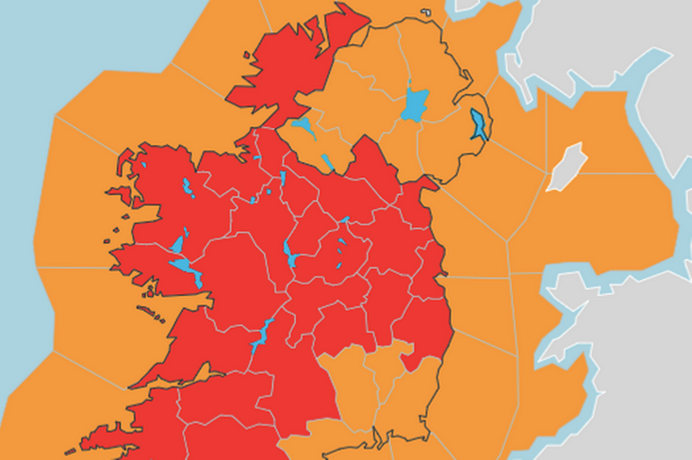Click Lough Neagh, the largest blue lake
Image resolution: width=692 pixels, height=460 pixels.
[x=414, y=103]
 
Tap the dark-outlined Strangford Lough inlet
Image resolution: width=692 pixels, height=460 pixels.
[x=478, y=123]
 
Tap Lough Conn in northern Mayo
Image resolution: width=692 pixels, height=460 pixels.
[x=187, y=188]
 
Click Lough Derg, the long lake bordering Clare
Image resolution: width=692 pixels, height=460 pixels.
[x=263, y=334]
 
